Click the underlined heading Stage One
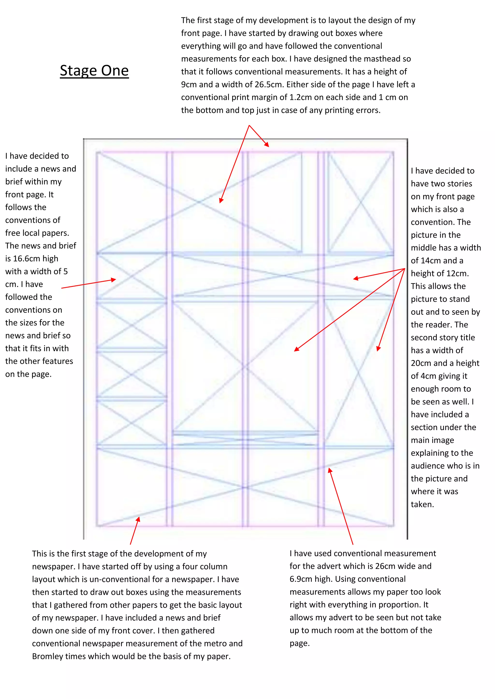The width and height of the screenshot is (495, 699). pyautogui.click(x=94, y=71)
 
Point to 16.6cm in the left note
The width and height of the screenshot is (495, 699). pyautogui.click(x=27, y=259)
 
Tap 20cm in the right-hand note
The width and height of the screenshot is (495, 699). pyautogui.click(x=421, y=363)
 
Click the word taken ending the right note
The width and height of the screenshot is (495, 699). pyautogui.click(x=422, y=504)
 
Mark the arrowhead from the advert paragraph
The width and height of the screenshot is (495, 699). pyautogui.click(x=329, y=470)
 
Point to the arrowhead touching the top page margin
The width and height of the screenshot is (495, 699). pyautogui.click(x=267, y=145)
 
